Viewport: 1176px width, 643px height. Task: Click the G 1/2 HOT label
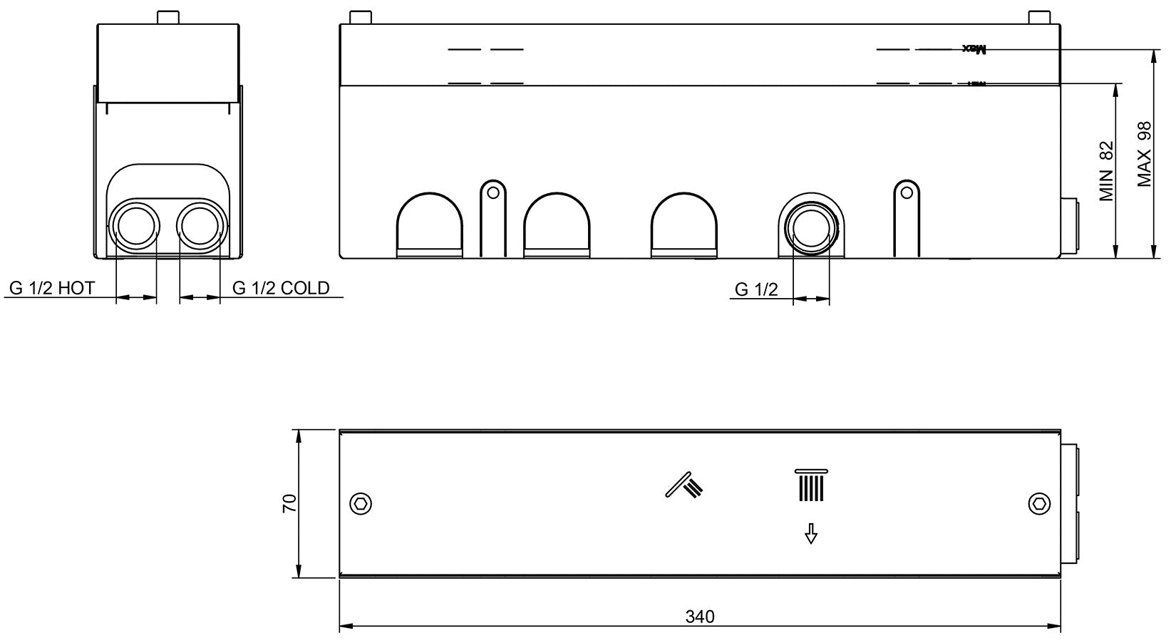pos(51,288)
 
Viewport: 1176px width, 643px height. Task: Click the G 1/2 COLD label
pos(281,288)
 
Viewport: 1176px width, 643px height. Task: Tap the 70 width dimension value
pos(289,504)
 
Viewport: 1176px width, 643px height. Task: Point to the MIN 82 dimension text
pos(1106,171)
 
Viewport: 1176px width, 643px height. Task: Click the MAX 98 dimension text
pos(1145,154)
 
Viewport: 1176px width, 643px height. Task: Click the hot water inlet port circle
pos(135,227)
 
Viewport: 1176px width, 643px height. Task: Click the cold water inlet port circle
pos(200,227)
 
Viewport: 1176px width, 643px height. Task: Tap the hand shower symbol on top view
pos(684,485)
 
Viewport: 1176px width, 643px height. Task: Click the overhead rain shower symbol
pos(810,485)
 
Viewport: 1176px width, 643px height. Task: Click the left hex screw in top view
pos(361,504)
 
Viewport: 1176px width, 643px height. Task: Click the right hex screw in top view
pos(1040,504)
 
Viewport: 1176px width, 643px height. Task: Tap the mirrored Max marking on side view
pos(975,49)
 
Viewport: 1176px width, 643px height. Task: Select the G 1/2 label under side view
pos(756,289)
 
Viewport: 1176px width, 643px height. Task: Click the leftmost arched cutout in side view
pos(429,224)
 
